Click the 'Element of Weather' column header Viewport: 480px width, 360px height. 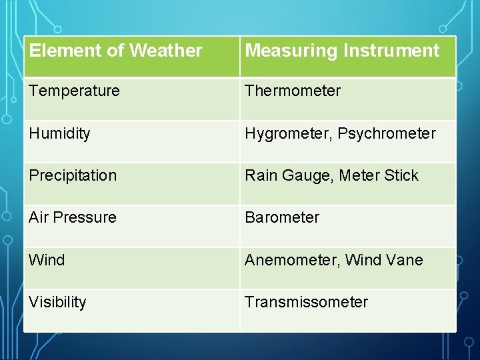(x=115, y=51)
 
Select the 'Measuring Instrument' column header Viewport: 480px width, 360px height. (x=342, y=51)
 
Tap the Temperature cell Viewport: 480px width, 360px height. (x=74, y=91)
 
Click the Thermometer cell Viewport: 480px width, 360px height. (x=293, y=91)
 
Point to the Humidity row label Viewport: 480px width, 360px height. (x=59, y=133)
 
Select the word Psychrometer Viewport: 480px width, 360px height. (x=387, y=133)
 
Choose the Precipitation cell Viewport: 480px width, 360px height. (x=73, y=175)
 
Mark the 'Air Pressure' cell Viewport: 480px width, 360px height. (x=73, y=217)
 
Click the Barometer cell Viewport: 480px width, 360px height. (x=282, y=217)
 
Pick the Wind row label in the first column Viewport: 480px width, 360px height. (x=47, y=260)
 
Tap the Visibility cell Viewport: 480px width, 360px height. (x=57, y=302)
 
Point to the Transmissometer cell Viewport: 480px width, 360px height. (x=306, y=302)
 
